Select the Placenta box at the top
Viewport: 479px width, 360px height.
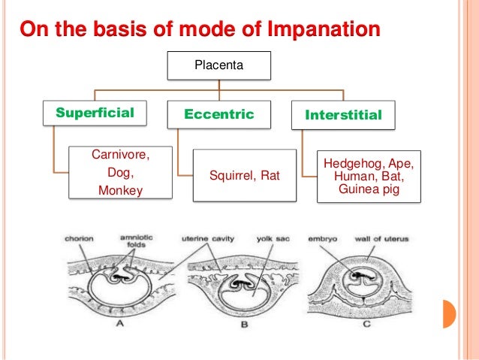click(218, 65)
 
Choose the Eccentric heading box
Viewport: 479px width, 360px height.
click(219, 115)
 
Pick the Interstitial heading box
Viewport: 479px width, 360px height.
click(343, 115)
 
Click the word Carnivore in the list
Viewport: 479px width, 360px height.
click(120, 156)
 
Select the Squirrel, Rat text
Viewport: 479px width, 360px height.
click(244, 176)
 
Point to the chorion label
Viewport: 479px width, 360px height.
click(78, 239)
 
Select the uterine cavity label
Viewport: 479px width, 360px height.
click(208, 239)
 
